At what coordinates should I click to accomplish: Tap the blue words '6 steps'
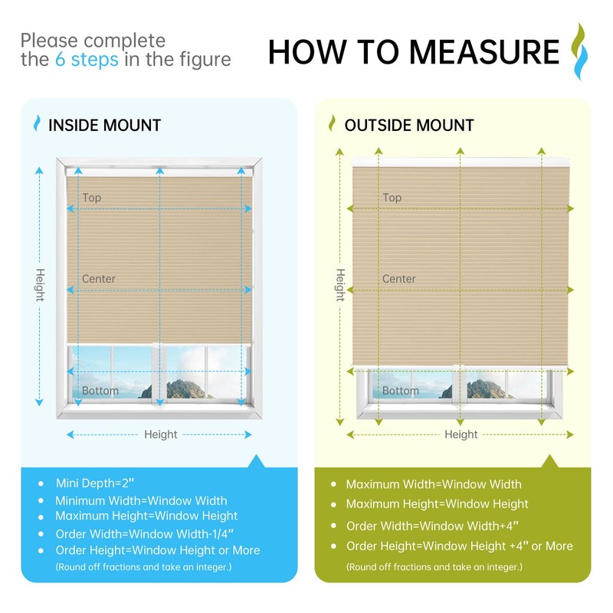(87, 59)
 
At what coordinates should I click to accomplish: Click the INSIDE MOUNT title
(104, 126)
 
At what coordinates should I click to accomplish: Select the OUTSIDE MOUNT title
(409, 126)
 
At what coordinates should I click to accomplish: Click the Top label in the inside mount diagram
(92, 198)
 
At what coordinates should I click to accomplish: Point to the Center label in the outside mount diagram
(399, 279)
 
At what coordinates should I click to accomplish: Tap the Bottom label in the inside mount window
(100, 391)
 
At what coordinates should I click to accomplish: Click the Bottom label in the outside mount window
(401, 391)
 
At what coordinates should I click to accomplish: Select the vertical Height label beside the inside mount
(40, 285)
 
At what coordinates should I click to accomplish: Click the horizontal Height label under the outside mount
(461, 434)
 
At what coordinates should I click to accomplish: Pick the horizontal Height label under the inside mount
(161, 434)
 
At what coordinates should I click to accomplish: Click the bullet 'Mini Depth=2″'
(94, 484)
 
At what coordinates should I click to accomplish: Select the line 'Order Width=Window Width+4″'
(432, 526)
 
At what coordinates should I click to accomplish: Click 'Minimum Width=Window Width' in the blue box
(141, 500)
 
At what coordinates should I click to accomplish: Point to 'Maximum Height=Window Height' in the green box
(437, 504)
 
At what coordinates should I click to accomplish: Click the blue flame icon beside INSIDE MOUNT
(36, 124)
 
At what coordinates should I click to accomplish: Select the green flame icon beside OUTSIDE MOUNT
(333, 124)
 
